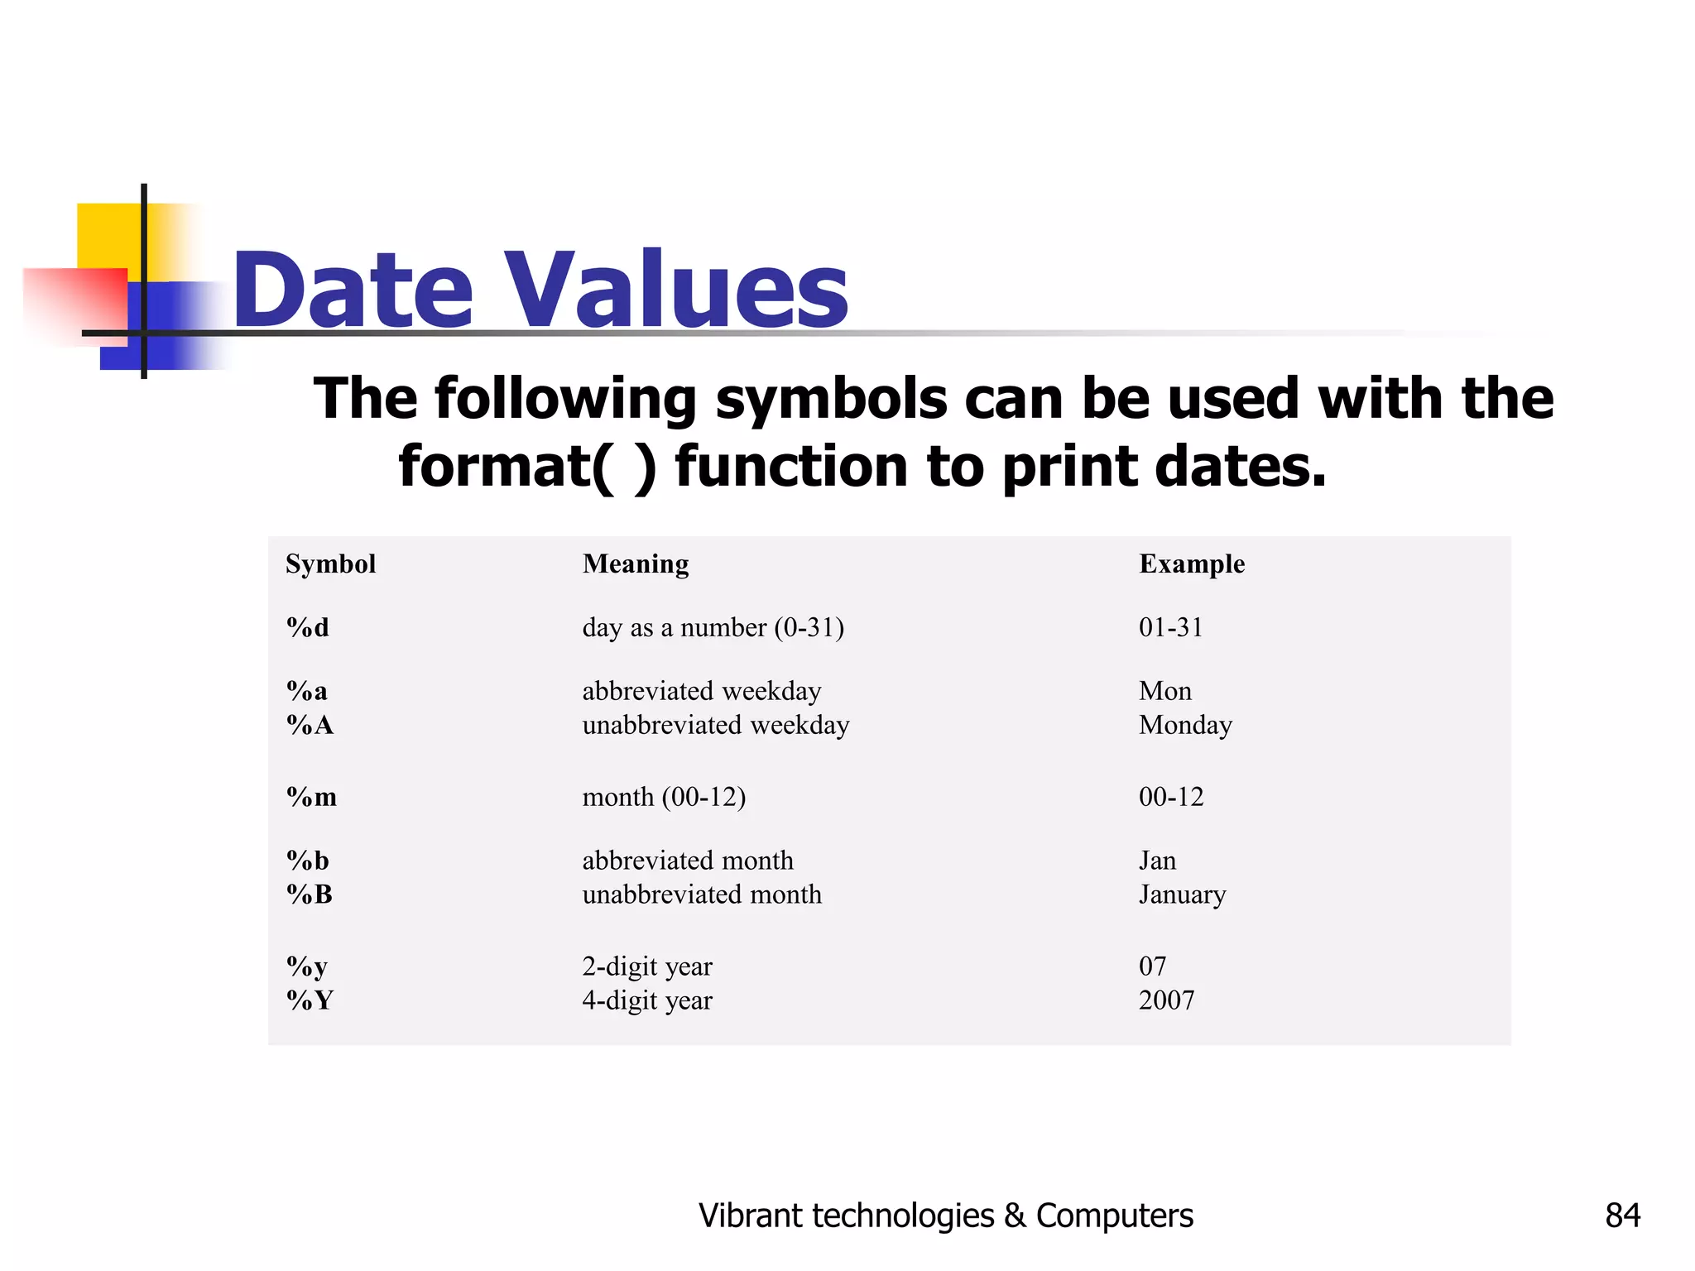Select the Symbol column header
[x=330, y=564]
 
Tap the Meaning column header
[x=635, y=564]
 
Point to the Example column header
[x=1191, y=564]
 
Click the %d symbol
[x=307, y=628]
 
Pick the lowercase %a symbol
[x=306, y=691]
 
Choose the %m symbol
[x=311, y=797]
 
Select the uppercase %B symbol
[x=309, y=894]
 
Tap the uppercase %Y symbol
[x=309, y=1000]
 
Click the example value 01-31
[x=1170, y=627]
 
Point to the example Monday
[x=1185, y=726]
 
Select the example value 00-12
[x=1170, y=797]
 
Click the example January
[x=1182, y=895]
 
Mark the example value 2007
[x=1166, y=1000]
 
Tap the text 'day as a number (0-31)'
[x=713, y=628]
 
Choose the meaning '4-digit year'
[x=646, y=1000]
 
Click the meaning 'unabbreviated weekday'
[x=715, y=726]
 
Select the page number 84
[x=1622, y=1216]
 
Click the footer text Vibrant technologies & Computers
[x=945, y=1216]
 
